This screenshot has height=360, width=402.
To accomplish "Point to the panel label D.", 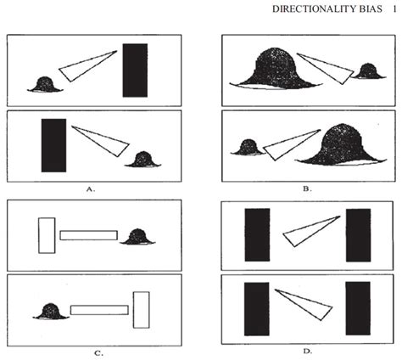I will [307, 350].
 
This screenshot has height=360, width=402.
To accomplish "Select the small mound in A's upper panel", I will [44, 83].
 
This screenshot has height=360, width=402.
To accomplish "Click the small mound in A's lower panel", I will [142, 159].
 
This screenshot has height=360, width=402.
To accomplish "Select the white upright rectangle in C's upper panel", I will [47, 234].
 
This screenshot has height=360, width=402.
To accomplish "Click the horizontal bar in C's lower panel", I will [98, 310].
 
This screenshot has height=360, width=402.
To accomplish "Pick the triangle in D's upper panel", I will [310, 230].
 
